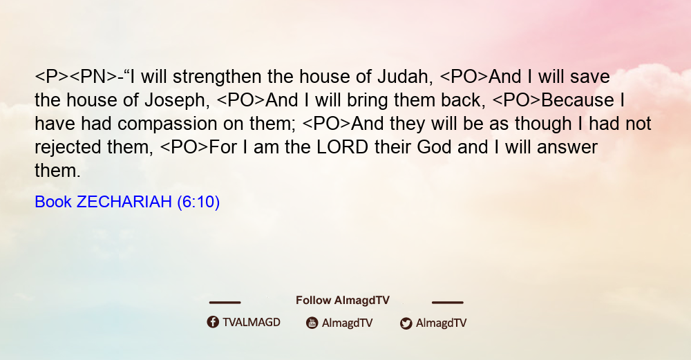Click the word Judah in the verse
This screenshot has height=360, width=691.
point(403,77)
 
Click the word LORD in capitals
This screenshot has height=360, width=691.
point(343,147)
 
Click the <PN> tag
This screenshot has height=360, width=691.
point(93,77)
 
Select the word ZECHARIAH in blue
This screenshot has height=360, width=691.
point(124,202)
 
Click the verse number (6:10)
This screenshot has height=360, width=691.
point(198,202)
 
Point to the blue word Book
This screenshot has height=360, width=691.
point(53,202)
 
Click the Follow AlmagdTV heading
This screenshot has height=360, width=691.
point(343,301)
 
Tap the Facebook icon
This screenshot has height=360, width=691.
point(213,322)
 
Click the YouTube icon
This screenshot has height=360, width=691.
point(312,323)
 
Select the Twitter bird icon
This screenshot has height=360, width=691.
point(406,323)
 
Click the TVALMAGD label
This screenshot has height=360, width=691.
point(252,323)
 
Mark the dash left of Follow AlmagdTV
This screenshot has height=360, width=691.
point(225,303)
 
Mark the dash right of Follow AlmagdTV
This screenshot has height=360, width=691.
point(447,303)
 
